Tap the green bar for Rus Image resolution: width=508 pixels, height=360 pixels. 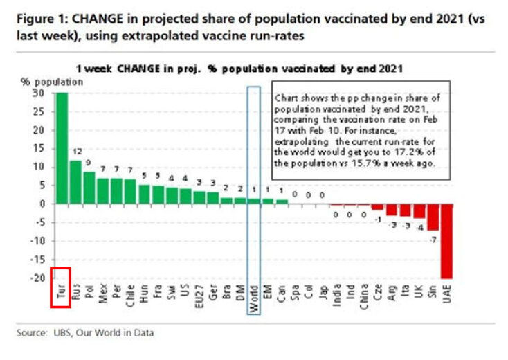click(x=76, y=182)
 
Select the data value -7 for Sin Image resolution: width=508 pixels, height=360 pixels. click(x=433, y=239)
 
